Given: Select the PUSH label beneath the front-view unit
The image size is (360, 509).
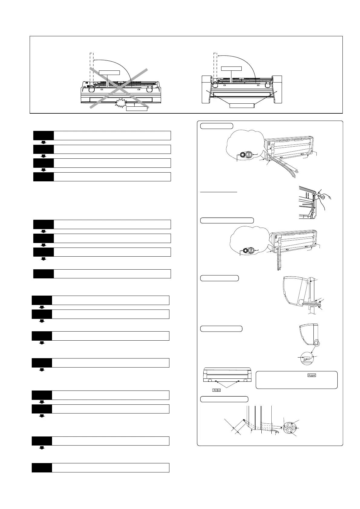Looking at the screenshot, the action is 216,390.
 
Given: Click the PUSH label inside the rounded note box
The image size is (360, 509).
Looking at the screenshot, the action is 312,375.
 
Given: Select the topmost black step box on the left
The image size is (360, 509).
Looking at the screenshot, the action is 44,135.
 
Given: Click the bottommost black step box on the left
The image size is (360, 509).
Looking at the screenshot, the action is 42,468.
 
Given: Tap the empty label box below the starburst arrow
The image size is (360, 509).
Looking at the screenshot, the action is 136,109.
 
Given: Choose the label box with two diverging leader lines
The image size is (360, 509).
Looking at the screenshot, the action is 242,105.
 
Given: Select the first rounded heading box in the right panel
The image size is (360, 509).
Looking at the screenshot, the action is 216,126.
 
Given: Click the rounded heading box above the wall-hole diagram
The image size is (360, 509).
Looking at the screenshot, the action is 224,399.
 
